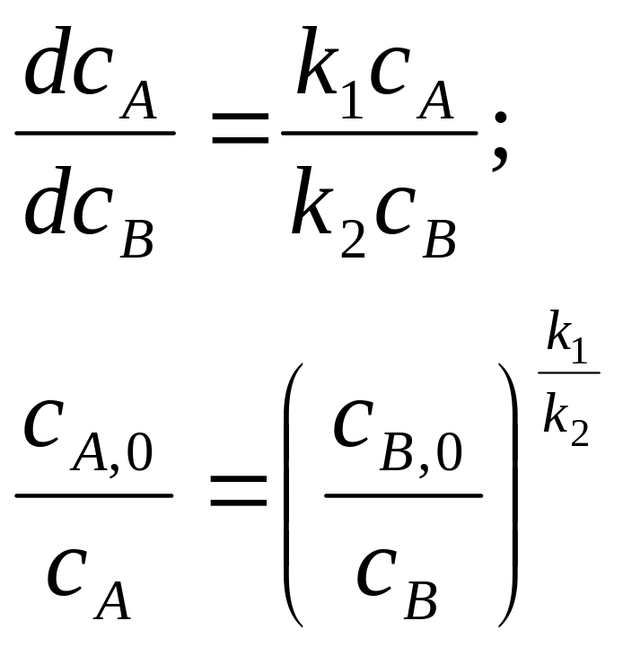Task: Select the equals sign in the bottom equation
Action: coord(239,491)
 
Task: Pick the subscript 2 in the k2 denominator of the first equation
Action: coord(353,240)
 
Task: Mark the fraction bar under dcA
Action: coord(95,133)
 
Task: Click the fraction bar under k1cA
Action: coord(380,133)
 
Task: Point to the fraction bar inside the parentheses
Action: coord(403,494)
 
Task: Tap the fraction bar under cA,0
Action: coord(94,494)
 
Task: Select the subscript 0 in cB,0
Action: coord(446,452)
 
